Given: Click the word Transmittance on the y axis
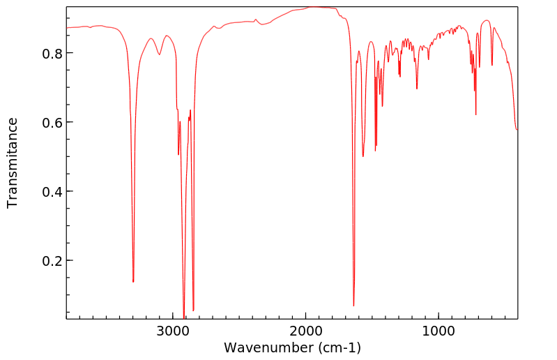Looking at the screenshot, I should (13, 163).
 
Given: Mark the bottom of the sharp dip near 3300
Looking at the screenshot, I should (133, 282).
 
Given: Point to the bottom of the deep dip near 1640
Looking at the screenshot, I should (353, 306).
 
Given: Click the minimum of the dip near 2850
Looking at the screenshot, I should (193, 310).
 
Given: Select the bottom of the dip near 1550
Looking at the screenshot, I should (363, 156).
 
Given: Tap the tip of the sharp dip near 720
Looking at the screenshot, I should (475, 114).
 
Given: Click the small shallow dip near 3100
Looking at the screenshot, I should (160, 55).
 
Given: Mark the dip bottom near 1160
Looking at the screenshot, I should (417, 89).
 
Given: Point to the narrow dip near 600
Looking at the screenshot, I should (492, 66).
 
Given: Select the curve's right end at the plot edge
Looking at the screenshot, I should (517, 130).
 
